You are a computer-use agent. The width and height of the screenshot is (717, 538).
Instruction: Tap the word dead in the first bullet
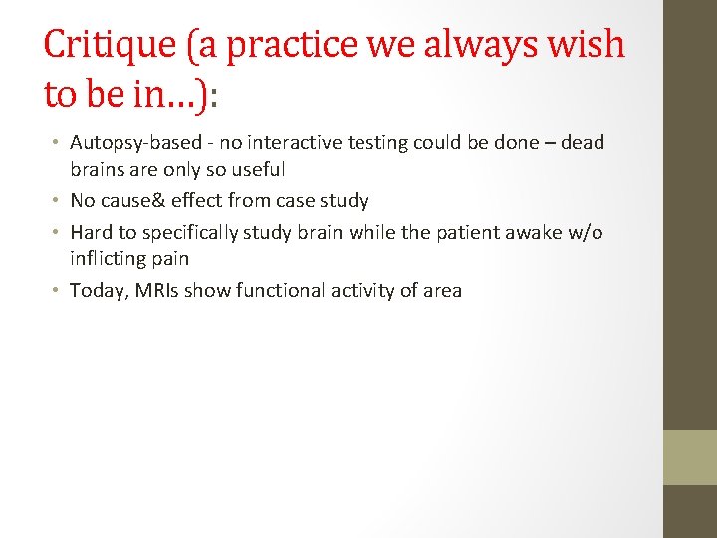pyautogui.click(x=582, y=143)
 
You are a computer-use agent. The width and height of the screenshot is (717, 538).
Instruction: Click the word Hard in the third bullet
pyautogui.click(x=91, y=232)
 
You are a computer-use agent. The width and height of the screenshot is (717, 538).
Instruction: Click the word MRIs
pyautogui.click(x=159, y=291)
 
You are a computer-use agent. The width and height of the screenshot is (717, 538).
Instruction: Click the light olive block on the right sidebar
pyautogui.click(x=690, y=457)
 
